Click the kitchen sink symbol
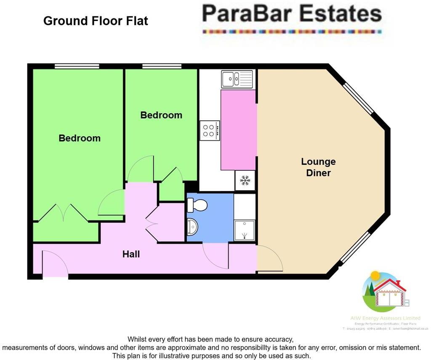pos(237,79)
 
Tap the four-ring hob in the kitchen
pos(210,130)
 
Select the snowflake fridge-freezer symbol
pos(245,181)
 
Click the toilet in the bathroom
pos(197,205)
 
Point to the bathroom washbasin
pos(193,228)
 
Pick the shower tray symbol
pos(244,230)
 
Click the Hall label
pos(131,254)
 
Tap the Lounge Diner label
pos(318,167)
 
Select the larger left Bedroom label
pos(80,138)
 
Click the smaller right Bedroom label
pos(161,115)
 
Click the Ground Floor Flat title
pos(96,21)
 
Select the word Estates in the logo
pos(341,13)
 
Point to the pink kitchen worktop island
pos(238,130)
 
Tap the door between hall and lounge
pos(269,259)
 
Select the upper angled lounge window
pos(358,99)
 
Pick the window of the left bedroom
pos(77,66)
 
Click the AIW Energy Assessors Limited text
pos(386,318)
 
